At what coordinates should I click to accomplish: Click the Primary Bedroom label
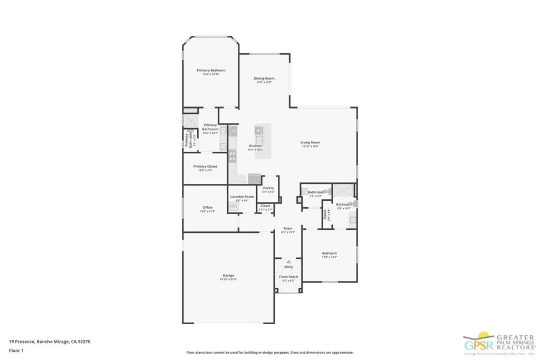point(211,70)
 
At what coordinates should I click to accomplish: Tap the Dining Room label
point(264,79)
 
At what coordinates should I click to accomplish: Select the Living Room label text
point(311,142)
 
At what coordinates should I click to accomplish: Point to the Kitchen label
point(255,145)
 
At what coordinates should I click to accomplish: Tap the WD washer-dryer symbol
point(233,206)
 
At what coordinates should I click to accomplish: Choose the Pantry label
point(268,188)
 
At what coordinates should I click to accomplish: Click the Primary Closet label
point(205,166)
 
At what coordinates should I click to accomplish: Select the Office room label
point(207,207)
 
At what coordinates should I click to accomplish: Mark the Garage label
point(228,275)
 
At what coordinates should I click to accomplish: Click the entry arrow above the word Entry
point(288,261)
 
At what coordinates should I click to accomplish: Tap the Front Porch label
point(288,277)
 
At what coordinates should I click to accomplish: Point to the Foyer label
point(288,228)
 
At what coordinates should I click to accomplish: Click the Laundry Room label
point(242,197)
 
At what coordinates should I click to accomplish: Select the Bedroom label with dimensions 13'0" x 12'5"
point(330,254)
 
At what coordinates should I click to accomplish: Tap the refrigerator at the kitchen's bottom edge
point(254,179)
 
